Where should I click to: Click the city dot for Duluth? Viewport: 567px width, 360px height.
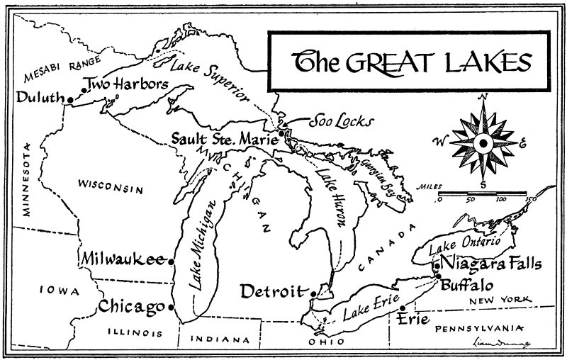pyautogui.click(x=69, y=100)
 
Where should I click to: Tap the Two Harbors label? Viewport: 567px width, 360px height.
pyautogui.click(x=126, y=84)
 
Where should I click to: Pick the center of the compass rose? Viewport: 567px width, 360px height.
pyautogui.click(x=482, y=143)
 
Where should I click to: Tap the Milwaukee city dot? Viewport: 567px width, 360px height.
pyautogui.click(x=172, y=260)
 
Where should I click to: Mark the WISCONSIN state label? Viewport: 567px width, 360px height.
pyautogui.click(x=111, y=188)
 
